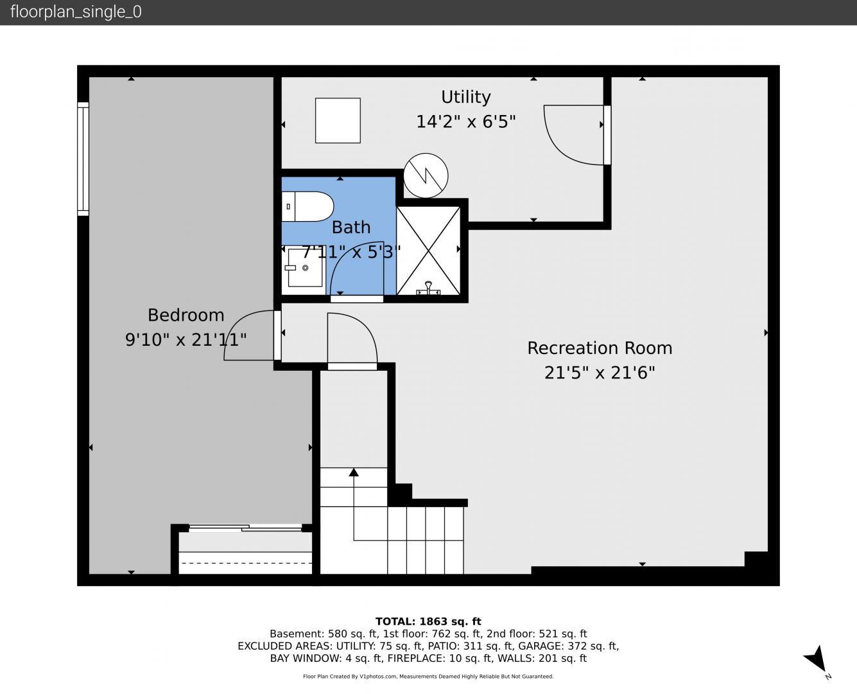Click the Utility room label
466,97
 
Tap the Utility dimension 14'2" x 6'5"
466,121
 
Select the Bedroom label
186,316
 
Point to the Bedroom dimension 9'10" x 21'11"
186,340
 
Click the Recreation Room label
600,348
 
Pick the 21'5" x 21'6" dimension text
600,373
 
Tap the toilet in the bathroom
307,207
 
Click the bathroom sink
304,268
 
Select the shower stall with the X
428,251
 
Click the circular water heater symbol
426,175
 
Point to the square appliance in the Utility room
338,120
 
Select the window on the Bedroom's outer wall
83,159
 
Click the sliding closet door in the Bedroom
245,528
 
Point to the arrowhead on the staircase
354,472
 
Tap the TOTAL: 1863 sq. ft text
428,621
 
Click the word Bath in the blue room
351,227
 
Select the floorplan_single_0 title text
76,12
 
